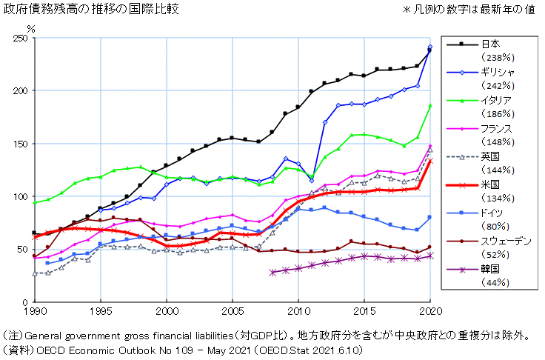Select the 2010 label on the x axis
pos(299,311)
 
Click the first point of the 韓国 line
pos(272,273)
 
